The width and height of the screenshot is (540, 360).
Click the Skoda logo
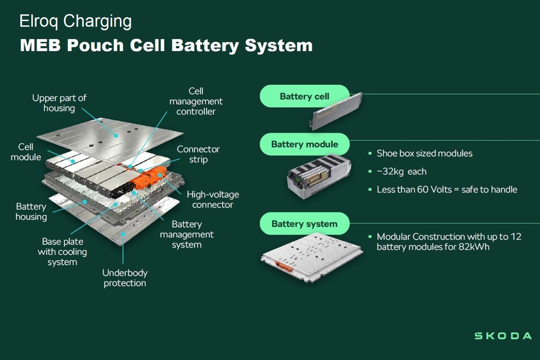click(x=503, y=336)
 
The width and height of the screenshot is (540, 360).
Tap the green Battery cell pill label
click(x=304, y=96)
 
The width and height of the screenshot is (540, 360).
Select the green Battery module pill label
click(x=304, y=144)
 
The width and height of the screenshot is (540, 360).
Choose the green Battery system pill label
click(x=304, y=224)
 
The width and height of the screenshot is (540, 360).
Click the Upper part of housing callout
click(x=59, y=103)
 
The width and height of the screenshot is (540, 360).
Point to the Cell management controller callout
click(x=196, y=101)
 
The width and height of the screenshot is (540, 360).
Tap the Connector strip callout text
click(x=198, y=154)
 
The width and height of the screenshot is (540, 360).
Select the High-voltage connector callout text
click(x=213, y=199)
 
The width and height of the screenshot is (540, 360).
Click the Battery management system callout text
click(x=187, y=234)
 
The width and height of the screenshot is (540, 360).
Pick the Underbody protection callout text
click(x=125, y=278)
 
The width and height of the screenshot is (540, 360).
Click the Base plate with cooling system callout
click(x=62, y=251)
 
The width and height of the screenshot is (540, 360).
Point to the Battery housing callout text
click(x=31, y=211)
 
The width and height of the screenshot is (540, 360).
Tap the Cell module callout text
click(x=26, y=152)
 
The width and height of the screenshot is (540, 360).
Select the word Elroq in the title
click(x=38, y=21)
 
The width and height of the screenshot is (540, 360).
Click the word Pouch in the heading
click(x=95, y=45)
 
